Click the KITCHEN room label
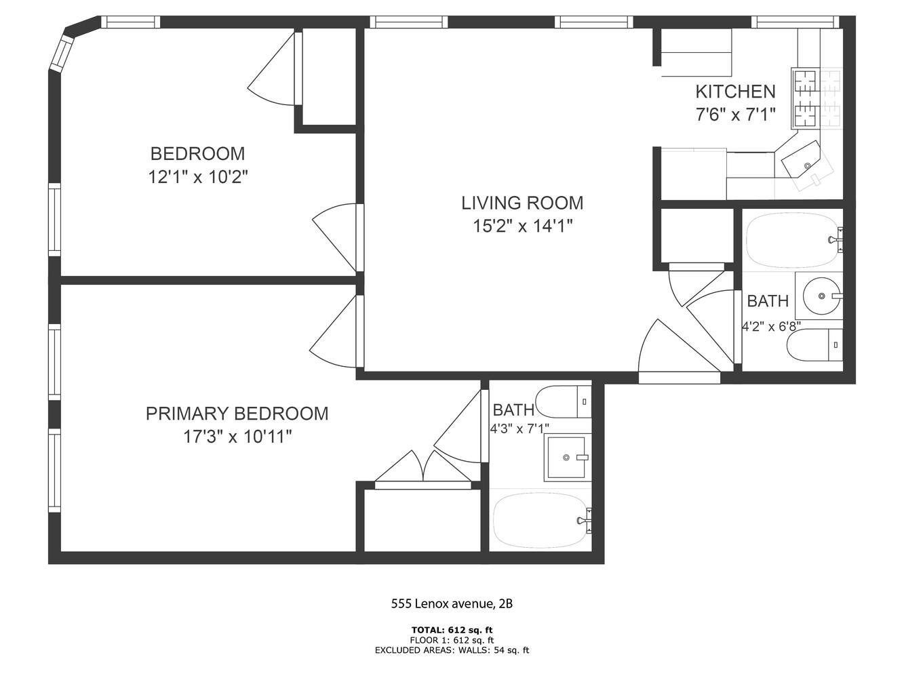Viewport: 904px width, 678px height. [x=735, y=92]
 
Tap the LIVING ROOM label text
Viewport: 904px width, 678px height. [x=522, y=203]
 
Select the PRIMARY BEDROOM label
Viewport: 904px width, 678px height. [x=237, y=414]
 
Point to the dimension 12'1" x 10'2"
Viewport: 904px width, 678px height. [x=198, y=178]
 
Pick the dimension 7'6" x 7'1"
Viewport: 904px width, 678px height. [x=735, y=115]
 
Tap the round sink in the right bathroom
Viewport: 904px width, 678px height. [x=821, y=296]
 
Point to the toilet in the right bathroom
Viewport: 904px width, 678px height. [x=814, y=345]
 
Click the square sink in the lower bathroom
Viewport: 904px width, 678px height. [x=565, y=458]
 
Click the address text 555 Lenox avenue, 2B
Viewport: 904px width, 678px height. [x=452, y=603]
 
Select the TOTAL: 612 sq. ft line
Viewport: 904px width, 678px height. [x=452, y=629]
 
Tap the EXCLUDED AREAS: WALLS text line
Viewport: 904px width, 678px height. [x=452, y=650]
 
